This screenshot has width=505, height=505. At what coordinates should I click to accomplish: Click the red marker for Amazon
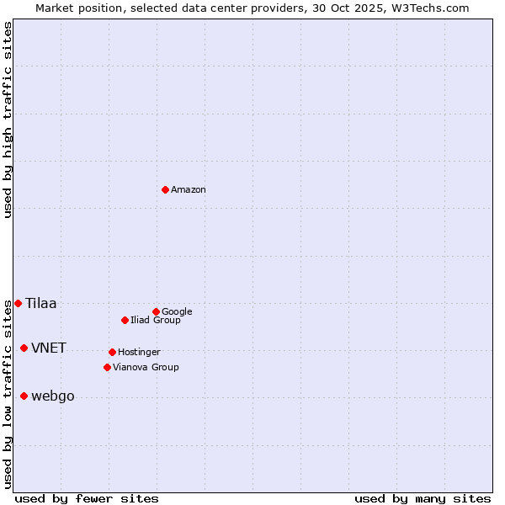pos(165,189)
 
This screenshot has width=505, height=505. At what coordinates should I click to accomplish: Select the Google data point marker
pos(156,311)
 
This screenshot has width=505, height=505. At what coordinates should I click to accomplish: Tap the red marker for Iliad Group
pos(125,320)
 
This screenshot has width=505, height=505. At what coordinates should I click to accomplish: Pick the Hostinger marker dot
pos(112,352)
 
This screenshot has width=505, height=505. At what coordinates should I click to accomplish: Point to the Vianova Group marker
pos(107,367)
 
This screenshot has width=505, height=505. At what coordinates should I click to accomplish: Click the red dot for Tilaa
pos(18,303)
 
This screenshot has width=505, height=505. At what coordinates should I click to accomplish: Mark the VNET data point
pos(24,348)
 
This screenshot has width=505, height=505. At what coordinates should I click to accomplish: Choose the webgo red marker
pos(24,396)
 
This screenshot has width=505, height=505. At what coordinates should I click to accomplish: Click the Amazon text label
pos(189,190)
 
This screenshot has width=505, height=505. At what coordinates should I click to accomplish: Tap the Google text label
pos(177,311)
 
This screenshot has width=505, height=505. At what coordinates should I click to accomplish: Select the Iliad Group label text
pos(156,320)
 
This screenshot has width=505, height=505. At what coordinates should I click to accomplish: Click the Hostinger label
pos(139,352)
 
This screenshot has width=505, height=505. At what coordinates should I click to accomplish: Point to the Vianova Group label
pos(146,367)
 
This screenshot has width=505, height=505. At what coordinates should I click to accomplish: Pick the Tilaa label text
pos(41,304)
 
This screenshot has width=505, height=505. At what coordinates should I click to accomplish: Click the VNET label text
pos(49,348)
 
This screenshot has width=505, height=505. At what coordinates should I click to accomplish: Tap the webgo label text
pos(53,396)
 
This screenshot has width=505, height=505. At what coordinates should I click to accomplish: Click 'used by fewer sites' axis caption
pos(87,498)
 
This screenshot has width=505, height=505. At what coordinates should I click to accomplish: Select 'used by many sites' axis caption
pos(423,498)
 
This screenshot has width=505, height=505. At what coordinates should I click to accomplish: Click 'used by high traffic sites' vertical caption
pos(8,120)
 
